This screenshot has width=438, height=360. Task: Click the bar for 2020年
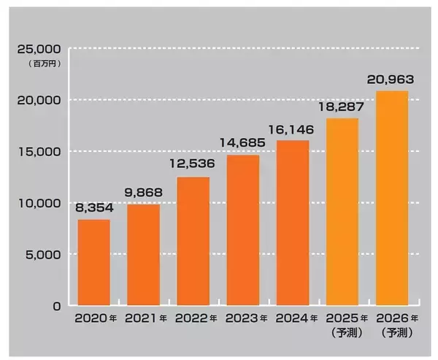pos(94,262)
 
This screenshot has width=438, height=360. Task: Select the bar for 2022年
pos(193,241)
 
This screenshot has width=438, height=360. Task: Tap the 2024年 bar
pos(293,223)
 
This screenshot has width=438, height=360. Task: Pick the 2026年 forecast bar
pos(392,198)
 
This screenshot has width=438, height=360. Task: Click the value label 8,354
pos(94,207)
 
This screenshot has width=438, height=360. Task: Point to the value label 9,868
pos(143,192)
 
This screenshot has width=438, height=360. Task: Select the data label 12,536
pos(193,164)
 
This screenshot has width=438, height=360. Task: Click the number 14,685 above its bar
pos(242,142)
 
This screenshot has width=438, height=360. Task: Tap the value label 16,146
pos(291,129)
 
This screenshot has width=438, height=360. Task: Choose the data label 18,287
pos(341,107)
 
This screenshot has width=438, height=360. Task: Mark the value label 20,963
pos(391,80)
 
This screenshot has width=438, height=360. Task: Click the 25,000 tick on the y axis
pos(39,49)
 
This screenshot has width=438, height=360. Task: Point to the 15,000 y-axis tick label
pos(39,152)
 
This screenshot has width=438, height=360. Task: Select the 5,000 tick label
pos(43,255)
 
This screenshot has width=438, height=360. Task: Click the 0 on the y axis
pos(57,307)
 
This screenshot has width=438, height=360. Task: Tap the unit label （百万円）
pos(45,64)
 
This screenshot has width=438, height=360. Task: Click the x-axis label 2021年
pos(145,318)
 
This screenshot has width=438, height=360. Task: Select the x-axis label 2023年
pos(246,318)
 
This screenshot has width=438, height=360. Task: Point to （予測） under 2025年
pos(347,332)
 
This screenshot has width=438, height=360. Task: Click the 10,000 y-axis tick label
pos(39,203)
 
